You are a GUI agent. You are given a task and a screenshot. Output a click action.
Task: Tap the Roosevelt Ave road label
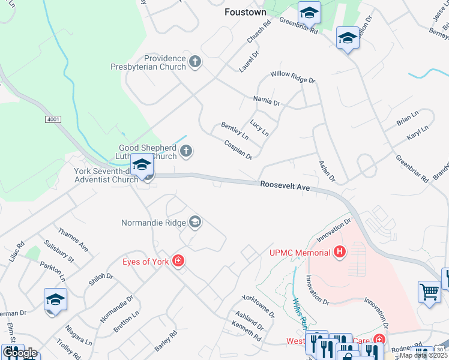(285, 187)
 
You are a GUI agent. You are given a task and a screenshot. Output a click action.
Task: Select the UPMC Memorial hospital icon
(340, 252)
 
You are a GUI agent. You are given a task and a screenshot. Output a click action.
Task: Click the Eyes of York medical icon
(178, 260)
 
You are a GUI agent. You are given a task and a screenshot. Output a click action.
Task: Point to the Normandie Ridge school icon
(194, 223)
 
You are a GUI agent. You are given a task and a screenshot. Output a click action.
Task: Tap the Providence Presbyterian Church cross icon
(194, 61)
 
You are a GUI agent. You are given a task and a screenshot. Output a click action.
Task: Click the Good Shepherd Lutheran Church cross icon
(186, 151)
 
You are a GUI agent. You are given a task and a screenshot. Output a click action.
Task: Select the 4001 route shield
(53, 120)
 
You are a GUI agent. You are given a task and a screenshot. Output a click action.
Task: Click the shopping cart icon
(429, 292)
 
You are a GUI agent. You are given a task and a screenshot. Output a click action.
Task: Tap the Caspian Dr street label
(238, 149)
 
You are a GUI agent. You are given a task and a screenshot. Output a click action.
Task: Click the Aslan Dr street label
(327, 172)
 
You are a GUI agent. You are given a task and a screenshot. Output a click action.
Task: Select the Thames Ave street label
(73, 239)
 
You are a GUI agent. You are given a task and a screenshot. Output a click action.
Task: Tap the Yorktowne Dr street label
(258, 305)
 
